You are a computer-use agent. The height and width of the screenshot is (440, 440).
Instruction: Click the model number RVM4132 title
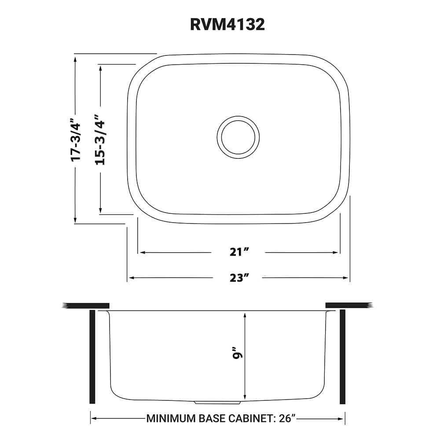click(x=227, y=25)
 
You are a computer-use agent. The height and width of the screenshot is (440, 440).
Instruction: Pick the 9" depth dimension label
click(x=238, y=356)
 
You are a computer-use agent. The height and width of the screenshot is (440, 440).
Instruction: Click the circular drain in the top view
click(x=238, y=136)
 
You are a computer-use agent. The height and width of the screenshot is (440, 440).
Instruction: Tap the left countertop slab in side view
click(x=86, y=305)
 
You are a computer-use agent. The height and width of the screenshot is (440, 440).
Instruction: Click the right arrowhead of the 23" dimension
click(x=347, y=278)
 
